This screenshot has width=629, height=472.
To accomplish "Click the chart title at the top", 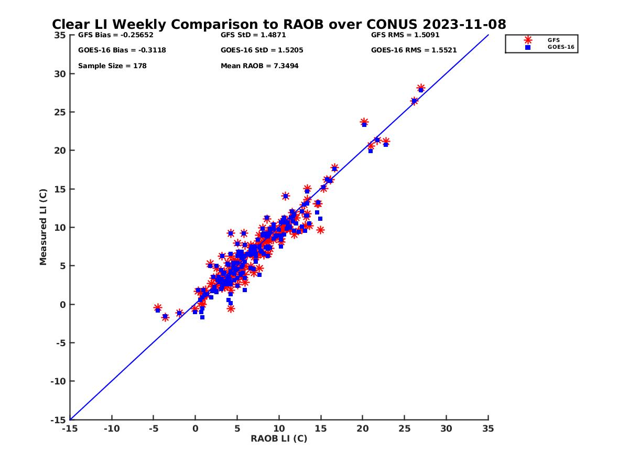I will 279,25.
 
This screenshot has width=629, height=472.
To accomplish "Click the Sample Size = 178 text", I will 112,66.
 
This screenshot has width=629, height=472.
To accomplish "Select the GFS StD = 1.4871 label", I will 253,35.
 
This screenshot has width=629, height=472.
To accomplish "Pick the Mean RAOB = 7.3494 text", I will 259,66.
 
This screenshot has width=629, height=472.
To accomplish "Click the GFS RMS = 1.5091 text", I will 405,35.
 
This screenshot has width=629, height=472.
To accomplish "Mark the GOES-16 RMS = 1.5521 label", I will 414,50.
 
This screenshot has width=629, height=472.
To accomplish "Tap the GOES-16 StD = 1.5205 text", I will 262,50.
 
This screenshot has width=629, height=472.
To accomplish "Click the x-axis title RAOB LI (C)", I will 279,438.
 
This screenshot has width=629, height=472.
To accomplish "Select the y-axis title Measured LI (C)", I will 44,227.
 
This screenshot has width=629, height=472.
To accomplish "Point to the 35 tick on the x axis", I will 488,428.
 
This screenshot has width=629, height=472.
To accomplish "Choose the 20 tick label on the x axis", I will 362,428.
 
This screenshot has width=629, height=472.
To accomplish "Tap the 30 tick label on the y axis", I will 60,74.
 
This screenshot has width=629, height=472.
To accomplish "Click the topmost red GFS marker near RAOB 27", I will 421,88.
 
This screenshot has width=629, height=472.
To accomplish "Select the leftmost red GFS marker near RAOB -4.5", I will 157,308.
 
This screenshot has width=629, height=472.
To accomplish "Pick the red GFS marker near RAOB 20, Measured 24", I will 364,122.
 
